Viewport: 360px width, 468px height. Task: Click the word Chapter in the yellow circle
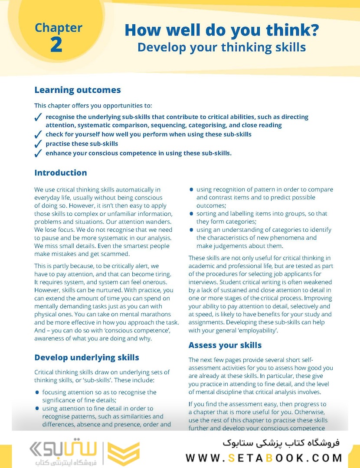[x=59, y=28]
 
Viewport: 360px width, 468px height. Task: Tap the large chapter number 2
[x=56, y=45]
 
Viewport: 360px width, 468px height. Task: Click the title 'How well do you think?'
[x=222, y=30]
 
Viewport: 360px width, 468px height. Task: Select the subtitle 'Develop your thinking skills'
[x=222, y=47]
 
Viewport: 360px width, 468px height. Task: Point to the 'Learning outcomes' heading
[x=78, y=90]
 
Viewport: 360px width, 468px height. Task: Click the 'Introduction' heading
[x=61, y=172]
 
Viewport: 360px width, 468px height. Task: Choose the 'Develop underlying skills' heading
[x=87, y=357]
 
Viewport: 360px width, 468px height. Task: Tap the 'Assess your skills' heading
[x=225, y=345]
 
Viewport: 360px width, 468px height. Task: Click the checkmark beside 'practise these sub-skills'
[x=38, y=144]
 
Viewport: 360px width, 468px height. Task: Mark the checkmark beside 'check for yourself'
[x=38, y=134]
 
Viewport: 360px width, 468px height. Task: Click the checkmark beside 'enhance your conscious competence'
[x=38, y=153]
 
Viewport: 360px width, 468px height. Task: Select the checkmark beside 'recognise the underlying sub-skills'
[x=38, y=117]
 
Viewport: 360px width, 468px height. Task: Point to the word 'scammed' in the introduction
[x=115, y=254]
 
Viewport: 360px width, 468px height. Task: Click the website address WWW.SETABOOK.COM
[x=264, y=458]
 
